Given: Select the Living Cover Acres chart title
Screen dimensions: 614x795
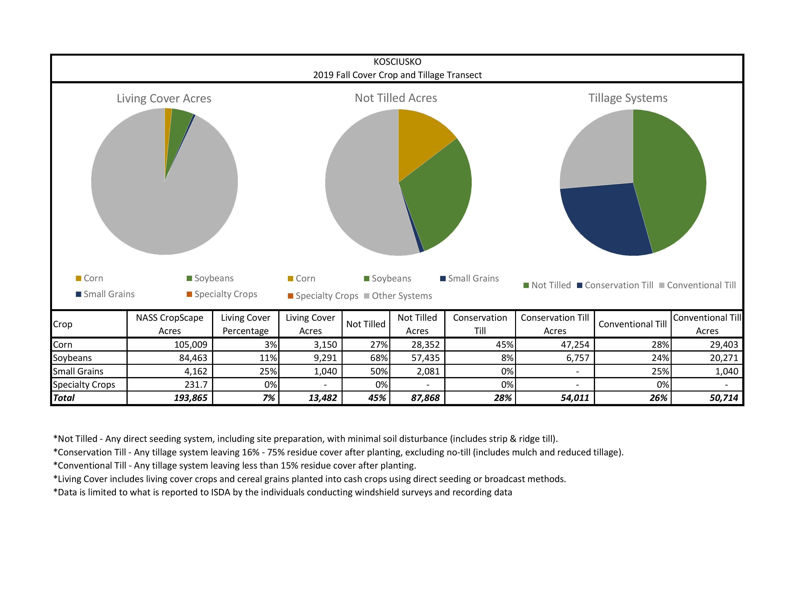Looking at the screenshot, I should point(164,98).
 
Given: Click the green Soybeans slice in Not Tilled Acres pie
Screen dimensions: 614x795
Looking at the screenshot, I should point(440,196).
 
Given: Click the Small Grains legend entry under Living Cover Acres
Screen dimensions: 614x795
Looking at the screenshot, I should point(109,294).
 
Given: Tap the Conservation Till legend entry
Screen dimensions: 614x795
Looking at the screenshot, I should point(619,285).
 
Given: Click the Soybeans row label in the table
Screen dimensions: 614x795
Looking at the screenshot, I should point(73,358).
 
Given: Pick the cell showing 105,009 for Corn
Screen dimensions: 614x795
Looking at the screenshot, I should point(191,345).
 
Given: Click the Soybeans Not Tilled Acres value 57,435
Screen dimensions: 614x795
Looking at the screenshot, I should point(425,358).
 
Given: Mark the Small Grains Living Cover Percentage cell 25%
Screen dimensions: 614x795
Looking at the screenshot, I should point(268,371).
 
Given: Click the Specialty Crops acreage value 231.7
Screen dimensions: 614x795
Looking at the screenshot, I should point(196,385).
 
